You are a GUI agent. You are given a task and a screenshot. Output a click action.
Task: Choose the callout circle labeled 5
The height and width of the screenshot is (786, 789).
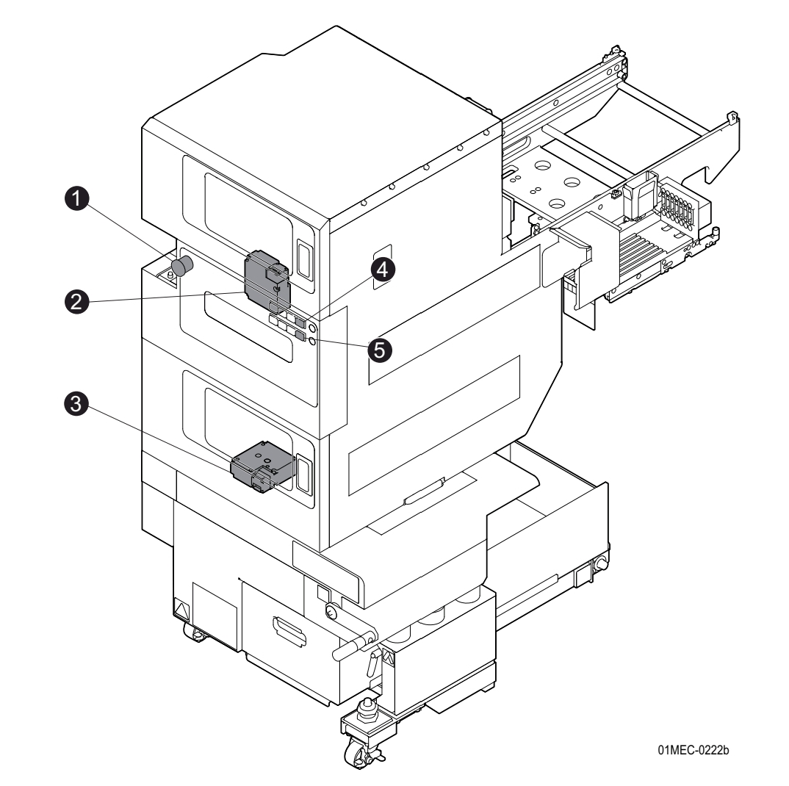pyautogui.click(x=380, y=348)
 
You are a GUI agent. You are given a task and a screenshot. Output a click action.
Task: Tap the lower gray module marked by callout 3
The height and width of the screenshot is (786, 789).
pyautogui.click(x=261, y=466)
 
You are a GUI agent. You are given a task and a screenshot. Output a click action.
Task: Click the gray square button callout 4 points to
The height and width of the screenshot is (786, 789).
pyautogui.click(x=300, y=322)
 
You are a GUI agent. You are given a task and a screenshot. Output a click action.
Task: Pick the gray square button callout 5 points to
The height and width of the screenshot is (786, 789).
pyautogui.click(x=300, y=336)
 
